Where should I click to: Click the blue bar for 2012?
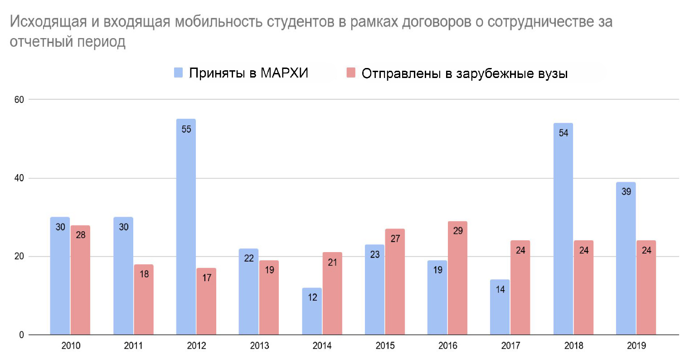tap(186, 227)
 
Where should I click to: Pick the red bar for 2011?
tap(144, 299)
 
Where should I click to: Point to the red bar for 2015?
tap(394, 282)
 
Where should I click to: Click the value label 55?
tap(186, 129)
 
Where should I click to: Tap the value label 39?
tap(626, 192)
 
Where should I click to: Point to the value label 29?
tap(457, 231)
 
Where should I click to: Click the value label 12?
tap(312, 297)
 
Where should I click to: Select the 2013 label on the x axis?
tap(259, 346)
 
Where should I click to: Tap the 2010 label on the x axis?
tap(71, 346)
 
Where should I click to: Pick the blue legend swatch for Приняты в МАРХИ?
tap(179, 73)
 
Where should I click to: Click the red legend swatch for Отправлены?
tap(351, 73)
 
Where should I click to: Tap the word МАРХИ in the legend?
tap(285, 73)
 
